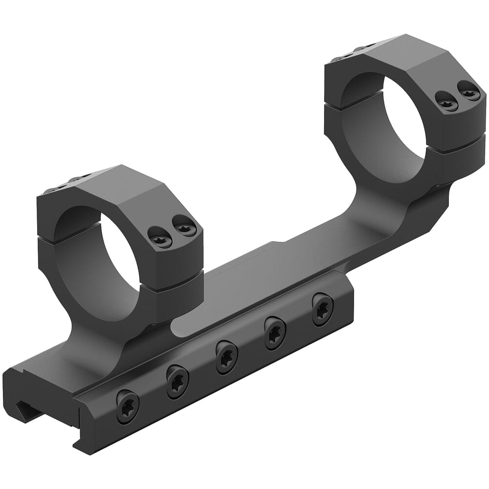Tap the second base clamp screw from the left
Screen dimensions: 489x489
pyautogui.click(x=178, y=381)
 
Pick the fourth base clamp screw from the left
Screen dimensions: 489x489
pyautogui.click(x=275, y=333)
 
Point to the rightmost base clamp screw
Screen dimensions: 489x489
pyautogui.click(x=322, y=309)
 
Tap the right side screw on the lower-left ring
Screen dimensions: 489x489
pyautogui.click(x=186, y=227)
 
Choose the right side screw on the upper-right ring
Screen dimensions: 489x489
pyautogui.click(x=469, y=91)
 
